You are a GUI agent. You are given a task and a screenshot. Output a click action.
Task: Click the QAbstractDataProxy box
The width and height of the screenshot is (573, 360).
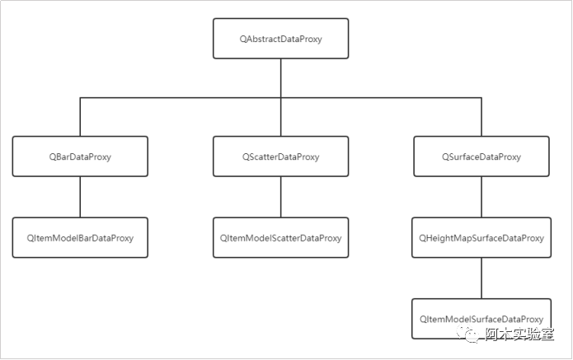(280, 39)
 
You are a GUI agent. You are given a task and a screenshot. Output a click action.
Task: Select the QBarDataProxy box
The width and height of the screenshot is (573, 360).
(80, 157)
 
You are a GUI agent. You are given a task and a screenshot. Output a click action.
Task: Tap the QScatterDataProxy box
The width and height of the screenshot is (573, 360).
(280, 157)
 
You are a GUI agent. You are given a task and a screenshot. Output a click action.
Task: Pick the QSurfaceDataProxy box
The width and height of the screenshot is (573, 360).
(481, 157)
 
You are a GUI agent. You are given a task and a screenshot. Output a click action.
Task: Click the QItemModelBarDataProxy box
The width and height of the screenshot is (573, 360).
(80, 237)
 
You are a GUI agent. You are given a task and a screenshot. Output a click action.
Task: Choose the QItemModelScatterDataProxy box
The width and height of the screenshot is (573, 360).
(280, 237)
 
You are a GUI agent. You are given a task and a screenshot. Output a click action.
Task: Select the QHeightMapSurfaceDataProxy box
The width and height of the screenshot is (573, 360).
(481, 237)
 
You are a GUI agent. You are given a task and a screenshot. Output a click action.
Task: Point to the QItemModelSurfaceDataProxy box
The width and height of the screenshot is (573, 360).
(481, 319)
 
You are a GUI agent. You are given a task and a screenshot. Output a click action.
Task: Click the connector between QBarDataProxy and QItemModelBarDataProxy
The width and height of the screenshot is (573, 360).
(80, 197)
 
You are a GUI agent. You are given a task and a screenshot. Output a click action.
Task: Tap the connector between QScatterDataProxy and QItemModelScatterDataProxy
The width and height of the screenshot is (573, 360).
(280, 197)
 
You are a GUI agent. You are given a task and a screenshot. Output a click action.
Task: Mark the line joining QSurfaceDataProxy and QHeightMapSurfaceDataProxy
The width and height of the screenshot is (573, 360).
(481, 197)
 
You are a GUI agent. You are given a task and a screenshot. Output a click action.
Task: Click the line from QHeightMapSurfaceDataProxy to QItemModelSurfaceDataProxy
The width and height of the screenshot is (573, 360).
(481, 278)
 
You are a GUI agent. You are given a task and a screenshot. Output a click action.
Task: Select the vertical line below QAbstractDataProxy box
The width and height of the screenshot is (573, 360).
(280, 78)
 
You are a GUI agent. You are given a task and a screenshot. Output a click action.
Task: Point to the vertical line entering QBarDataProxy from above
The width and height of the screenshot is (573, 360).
(80, 117)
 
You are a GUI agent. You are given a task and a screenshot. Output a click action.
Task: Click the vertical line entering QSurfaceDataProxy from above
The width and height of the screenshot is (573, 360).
(481, 117)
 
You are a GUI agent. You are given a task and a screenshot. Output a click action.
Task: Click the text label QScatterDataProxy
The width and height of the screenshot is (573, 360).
(280, 157)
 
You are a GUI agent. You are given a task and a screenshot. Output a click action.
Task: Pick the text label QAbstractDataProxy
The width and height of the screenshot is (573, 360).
(280, 39)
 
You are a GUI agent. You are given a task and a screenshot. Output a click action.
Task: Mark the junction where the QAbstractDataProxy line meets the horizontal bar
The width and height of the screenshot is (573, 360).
(280, 98)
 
